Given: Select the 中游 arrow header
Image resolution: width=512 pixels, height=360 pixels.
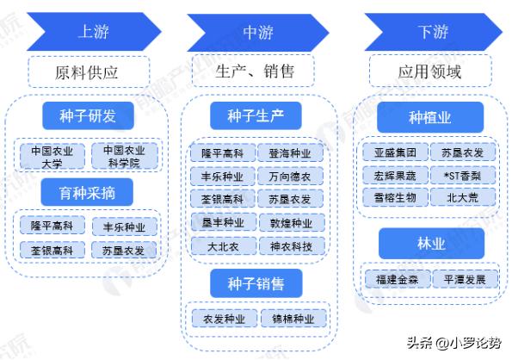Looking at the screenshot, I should pos(256,34).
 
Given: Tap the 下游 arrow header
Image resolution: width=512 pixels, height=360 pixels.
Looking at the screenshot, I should pos(427,34).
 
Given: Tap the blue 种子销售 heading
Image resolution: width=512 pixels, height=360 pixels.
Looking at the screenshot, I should pos(256,281).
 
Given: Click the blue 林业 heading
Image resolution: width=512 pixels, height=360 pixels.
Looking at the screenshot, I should pos(427,245).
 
